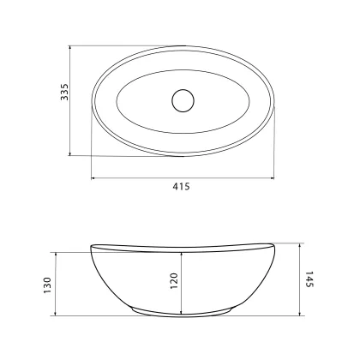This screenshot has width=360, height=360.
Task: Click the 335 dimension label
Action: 65,92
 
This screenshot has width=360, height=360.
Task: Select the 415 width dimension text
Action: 181,187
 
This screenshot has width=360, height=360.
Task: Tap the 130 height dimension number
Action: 47,285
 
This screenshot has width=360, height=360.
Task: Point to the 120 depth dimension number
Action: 174,281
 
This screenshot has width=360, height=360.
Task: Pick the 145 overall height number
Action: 309,279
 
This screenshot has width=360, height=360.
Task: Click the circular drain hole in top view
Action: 183,100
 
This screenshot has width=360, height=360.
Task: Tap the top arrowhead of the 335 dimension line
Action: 70,48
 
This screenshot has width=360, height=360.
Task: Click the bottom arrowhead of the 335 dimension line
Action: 70,153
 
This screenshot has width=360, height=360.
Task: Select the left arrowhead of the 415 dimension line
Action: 93,178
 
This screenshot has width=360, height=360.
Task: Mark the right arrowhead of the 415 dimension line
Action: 272,178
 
